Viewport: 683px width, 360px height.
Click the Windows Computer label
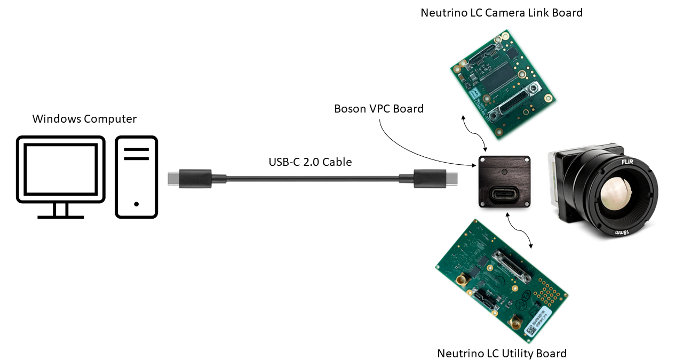click(x=84, y=118)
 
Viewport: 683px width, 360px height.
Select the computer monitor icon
click(x=60, y=168)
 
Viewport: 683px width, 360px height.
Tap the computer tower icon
click(x=137, y=177)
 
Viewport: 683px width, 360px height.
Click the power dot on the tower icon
click(x=137, y=204)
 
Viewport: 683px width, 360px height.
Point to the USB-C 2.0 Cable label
click(x=310, y=162)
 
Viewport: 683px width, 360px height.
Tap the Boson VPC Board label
click(x=379, y=109)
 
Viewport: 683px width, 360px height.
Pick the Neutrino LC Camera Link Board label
click(x=502, y=12)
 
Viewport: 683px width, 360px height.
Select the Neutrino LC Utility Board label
click(x=502, y=353)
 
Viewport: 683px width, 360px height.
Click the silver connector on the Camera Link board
click(x=512, y=103)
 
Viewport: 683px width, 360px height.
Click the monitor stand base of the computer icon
click(x=60, y=217)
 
